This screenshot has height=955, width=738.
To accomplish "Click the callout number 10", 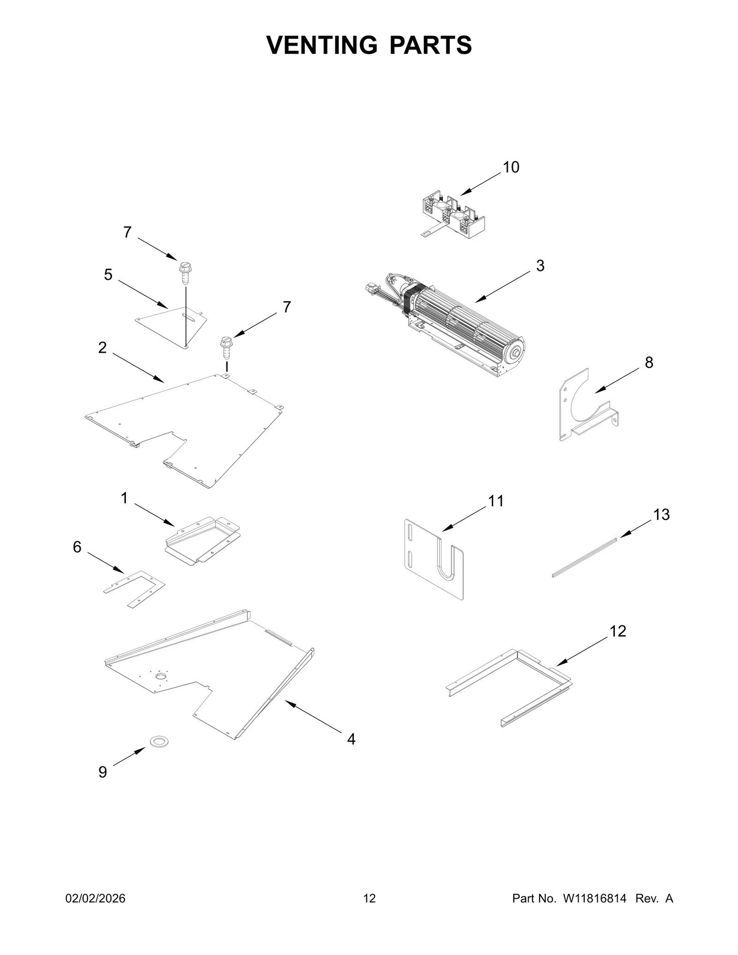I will coord(511,167).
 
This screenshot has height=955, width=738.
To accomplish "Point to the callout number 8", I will coord(649,363).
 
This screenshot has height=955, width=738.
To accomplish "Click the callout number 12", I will coord(618,631).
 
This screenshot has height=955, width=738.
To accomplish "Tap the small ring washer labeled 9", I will coord(159,741).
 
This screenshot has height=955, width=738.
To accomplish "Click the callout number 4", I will coord(351,739).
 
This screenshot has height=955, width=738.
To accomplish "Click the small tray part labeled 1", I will coord(203,540).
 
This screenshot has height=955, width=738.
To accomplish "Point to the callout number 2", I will coord(102,348).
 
